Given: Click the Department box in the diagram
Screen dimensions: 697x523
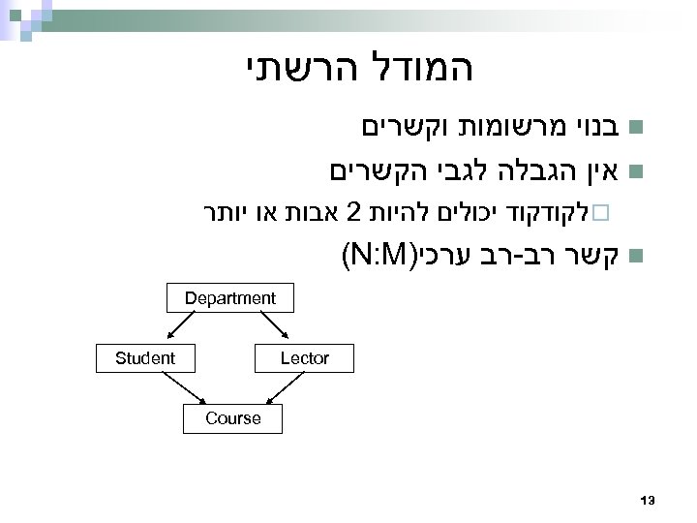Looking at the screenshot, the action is pyautogui.click(x=230, y=298).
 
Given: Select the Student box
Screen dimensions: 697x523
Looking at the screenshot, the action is pyautogui.click(x=145, y=358).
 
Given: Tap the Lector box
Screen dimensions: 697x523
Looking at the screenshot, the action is pyautogui.click(x=304, y=358).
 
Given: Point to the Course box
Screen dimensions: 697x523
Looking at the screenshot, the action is pyautogui.click(x=232, y=418).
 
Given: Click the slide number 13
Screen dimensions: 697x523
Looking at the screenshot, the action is pyautogui.click(x=649, y=500).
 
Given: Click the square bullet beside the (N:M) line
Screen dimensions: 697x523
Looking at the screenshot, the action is pyautogui.click(x=634, y=257).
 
